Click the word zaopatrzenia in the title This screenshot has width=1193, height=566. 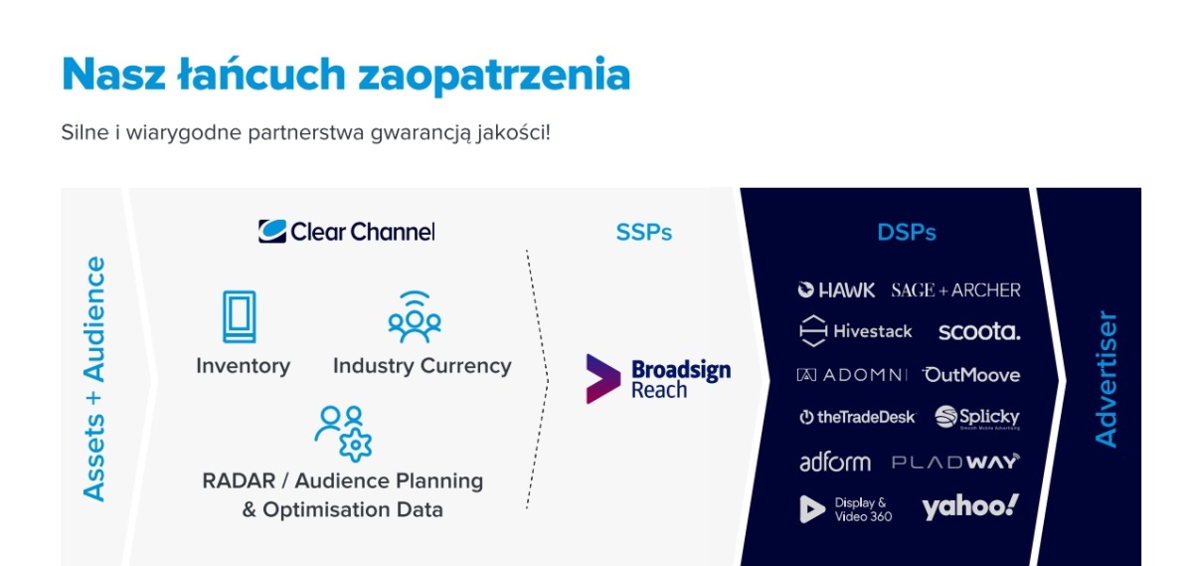494,76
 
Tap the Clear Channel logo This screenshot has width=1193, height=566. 347,232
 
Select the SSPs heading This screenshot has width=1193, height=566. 644,233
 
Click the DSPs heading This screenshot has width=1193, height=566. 907,233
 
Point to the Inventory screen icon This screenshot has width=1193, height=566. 240,316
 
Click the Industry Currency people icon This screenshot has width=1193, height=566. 415,316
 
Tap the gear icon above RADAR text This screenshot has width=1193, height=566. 355,445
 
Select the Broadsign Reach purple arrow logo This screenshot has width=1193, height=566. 602,379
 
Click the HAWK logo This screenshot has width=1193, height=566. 836,289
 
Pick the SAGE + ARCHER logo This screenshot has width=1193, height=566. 956,289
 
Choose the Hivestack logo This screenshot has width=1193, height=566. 855,331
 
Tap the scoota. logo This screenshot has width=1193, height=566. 979,331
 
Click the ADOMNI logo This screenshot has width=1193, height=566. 852,375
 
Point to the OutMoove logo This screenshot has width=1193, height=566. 971,375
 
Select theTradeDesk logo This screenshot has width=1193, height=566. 857,417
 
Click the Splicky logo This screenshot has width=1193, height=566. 977,418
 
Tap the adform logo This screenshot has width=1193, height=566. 835,462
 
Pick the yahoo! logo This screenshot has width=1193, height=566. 970,506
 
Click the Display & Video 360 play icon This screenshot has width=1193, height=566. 812,509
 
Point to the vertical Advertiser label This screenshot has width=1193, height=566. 1106,379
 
